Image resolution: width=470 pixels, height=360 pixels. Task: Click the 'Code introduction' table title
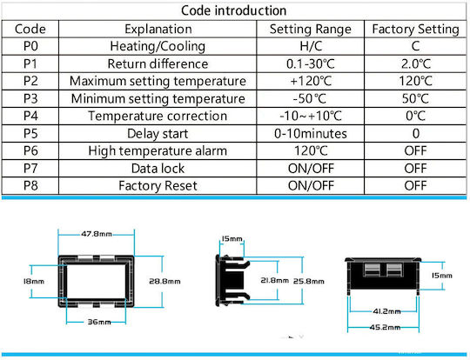point(234,10)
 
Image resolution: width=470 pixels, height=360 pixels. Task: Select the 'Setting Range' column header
point(310,29)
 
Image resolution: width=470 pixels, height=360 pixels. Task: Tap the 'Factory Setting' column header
point(415,29)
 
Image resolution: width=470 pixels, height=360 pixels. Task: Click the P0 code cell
point(30,46)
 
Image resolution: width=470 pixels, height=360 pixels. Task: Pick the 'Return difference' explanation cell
point(158,63)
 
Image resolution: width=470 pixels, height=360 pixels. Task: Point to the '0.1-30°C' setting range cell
point(310,63)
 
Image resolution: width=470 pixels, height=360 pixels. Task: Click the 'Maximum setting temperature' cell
point(158,81)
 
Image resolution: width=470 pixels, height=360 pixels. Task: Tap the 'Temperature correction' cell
point(158,116)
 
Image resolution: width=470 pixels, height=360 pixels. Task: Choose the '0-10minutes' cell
point(311,134)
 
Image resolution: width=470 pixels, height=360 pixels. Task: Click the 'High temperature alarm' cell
point(158,150)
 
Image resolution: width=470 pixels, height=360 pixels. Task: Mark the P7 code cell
point(30,169)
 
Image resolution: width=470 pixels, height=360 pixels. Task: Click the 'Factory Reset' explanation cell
point(158,186)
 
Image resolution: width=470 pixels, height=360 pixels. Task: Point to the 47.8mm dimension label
point(97,234)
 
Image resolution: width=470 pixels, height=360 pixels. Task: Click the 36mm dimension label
point(99,322)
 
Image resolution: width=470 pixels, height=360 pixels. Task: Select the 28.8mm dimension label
point(164,281)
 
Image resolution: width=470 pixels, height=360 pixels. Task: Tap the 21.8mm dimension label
point(274,280)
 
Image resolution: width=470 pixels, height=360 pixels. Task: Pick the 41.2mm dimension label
point(386,311)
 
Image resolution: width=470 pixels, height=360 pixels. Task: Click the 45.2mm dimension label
point(385,327)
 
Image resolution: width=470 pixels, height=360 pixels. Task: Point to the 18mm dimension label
point(34,281)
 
